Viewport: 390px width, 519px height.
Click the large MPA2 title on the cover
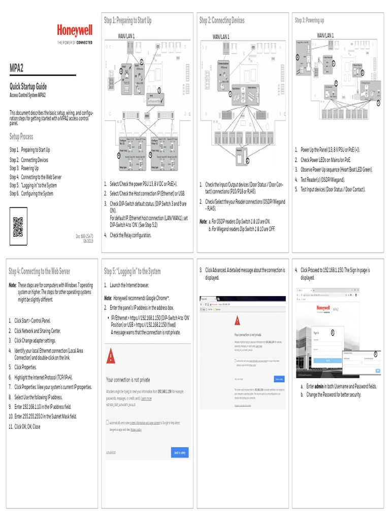point(18,68)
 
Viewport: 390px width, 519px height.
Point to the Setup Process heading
point(21,136)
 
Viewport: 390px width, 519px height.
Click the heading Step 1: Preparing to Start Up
point(127,20)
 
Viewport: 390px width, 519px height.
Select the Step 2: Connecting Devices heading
point(222,20)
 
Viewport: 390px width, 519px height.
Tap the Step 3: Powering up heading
point(309,20)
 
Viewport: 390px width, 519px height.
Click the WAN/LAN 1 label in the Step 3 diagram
point(326,35)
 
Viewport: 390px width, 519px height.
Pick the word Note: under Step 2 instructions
point(203,221)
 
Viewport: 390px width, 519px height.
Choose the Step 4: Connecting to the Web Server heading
point(40,271)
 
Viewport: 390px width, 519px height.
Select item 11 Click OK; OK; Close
point(25,427)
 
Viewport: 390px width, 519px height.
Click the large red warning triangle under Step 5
point(111,357)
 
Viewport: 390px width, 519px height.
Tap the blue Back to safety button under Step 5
point(180,452)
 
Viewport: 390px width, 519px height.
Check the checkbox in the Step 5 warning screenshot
point(108,422)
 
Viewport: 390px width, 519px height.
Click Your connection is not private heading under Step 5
point(128,379)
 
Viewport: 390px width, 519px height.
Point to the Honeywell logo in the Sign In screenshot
point(322,307)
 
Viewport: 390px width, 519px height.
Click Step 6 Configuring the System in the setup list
point(31,194)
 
